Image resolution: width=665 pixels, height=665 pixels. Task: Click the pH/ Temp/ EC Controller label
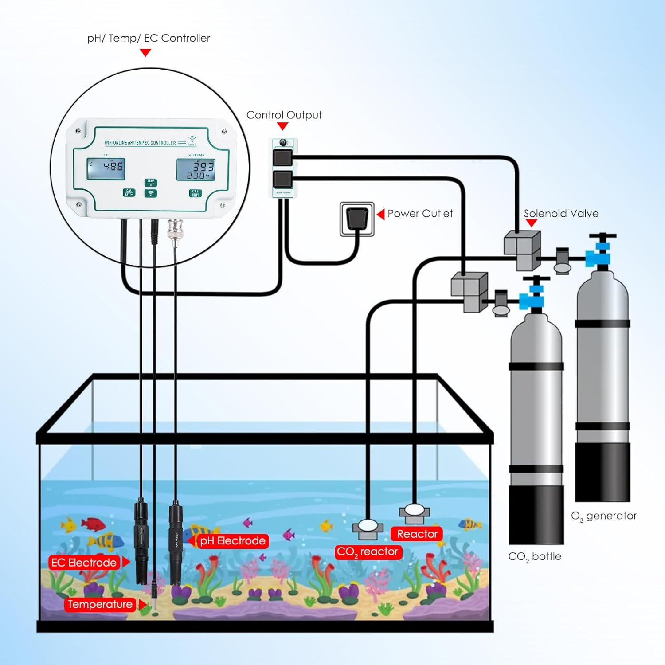tap(149, 38)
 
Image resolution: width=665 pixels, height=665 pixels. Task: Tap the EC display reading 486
tap(106, 168)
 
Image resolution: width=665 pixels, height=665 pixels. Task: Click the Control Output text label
tap(284, 115)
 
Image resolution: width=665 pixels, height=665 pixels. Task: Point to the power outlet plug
tap(357, 218)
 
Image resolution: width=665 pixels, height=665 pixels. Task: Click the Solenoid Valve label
tap(561, 213)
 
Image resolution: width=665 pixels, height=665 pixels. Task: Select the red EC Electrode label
tap(84, 563)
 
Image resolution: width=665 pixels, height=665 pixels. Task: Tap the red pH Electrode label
tap(233, 541)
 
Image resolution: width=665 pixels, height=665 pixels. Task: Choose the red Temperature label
tap(100, 604)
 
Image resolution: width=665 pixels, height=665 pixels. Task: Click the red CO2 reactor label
tap(368, 552)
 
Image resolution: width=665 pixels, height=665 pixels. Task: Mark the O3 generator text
tap(603, 516)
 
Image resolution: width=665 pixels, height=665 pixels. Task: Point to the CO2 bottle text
tap(535, 556)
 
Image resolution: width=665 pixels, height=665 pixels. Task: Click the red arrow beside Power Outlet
tap(380, 214)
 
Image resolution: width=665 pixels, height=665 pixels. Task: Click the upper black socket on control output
tap(282, 157)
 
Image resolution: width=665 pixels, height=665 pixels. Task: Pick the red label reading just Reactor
tap(417, 534)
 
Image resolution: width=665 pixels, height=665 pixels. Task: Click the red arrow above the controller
tap(145, 53)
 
